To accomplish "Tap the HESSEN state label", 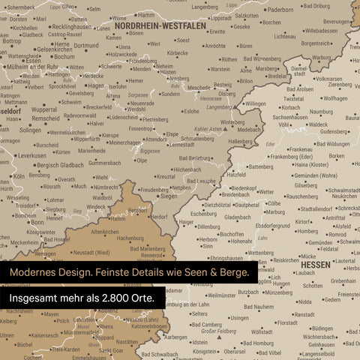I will pyautogui.click(x=316, y=265).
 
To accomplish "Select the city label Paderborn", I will pyautogui.click(x=280, y=10).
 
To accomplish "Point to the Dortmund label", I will pyautogui.click(x=86, y=46).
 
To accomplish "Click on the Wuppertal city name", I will pyautogui.click(x=43, y=109).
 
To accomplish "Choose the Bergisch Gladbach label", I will pyautogui.click(x=60, y=164).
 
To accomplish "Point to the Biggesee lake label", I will pyautogui.click(x=149, y=150).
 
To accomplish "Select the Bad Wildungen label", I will pyautogui.click(x=328, y=144).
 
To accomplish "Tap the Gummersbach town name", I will pyautogui.click(x=104, y=163).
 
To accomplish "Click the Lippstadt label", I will pyautogui.click(x=221, y=16).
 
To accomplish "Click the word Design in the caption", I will pyautogui.click(x=80, y=272).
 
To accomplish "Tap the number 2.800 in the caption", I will pyautogui.click(x=109, y=298).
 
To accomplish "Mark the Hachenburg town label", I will pyautogui.click(x=130, y=238).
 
